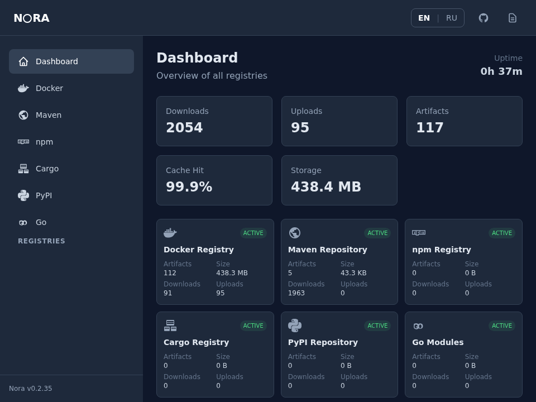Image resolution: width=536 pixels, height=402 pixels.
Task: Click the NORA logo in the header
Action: (x=31, y=18)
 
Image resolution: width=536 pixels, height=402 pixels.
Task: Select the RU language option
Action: (x=451, y=18)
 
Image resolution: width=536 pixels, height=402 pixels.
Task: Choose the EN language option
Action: (x=424, y=18)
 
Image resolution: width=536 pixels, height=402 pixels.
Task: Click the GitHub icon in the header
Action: (x=484, y=18)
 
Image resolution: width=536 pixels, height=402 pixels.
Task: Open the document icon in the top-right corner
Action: (x=513, y=18)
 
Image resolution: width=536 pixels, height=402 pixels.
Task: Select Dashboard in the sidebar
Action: (x=71, y=61)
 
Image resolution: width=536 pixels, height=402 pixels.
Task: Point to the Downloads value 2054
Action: (x=184, y=128)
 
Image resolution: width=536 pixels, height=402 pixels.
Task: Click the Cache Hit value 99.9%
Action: (x=189, y=187)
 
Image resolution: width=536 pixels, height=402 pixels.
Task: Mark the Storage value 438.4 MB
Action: (x=326, y=187)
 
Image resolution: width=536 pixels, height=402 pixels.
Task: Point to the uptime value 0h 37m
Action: (x=501, y=71)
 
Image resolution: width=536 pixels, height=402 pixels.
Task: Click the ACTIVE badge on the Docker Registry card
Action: (x=253, y=233)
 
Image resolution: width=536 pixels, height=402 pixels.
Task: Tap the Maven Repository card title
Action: (x=327, y=250)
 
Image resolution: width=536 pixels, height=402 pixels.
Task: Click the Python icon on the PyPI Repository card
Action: (x=295, y=326)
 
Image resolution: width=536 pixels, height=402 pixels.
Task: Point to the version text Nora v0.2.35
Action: (x=31, y=389)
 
